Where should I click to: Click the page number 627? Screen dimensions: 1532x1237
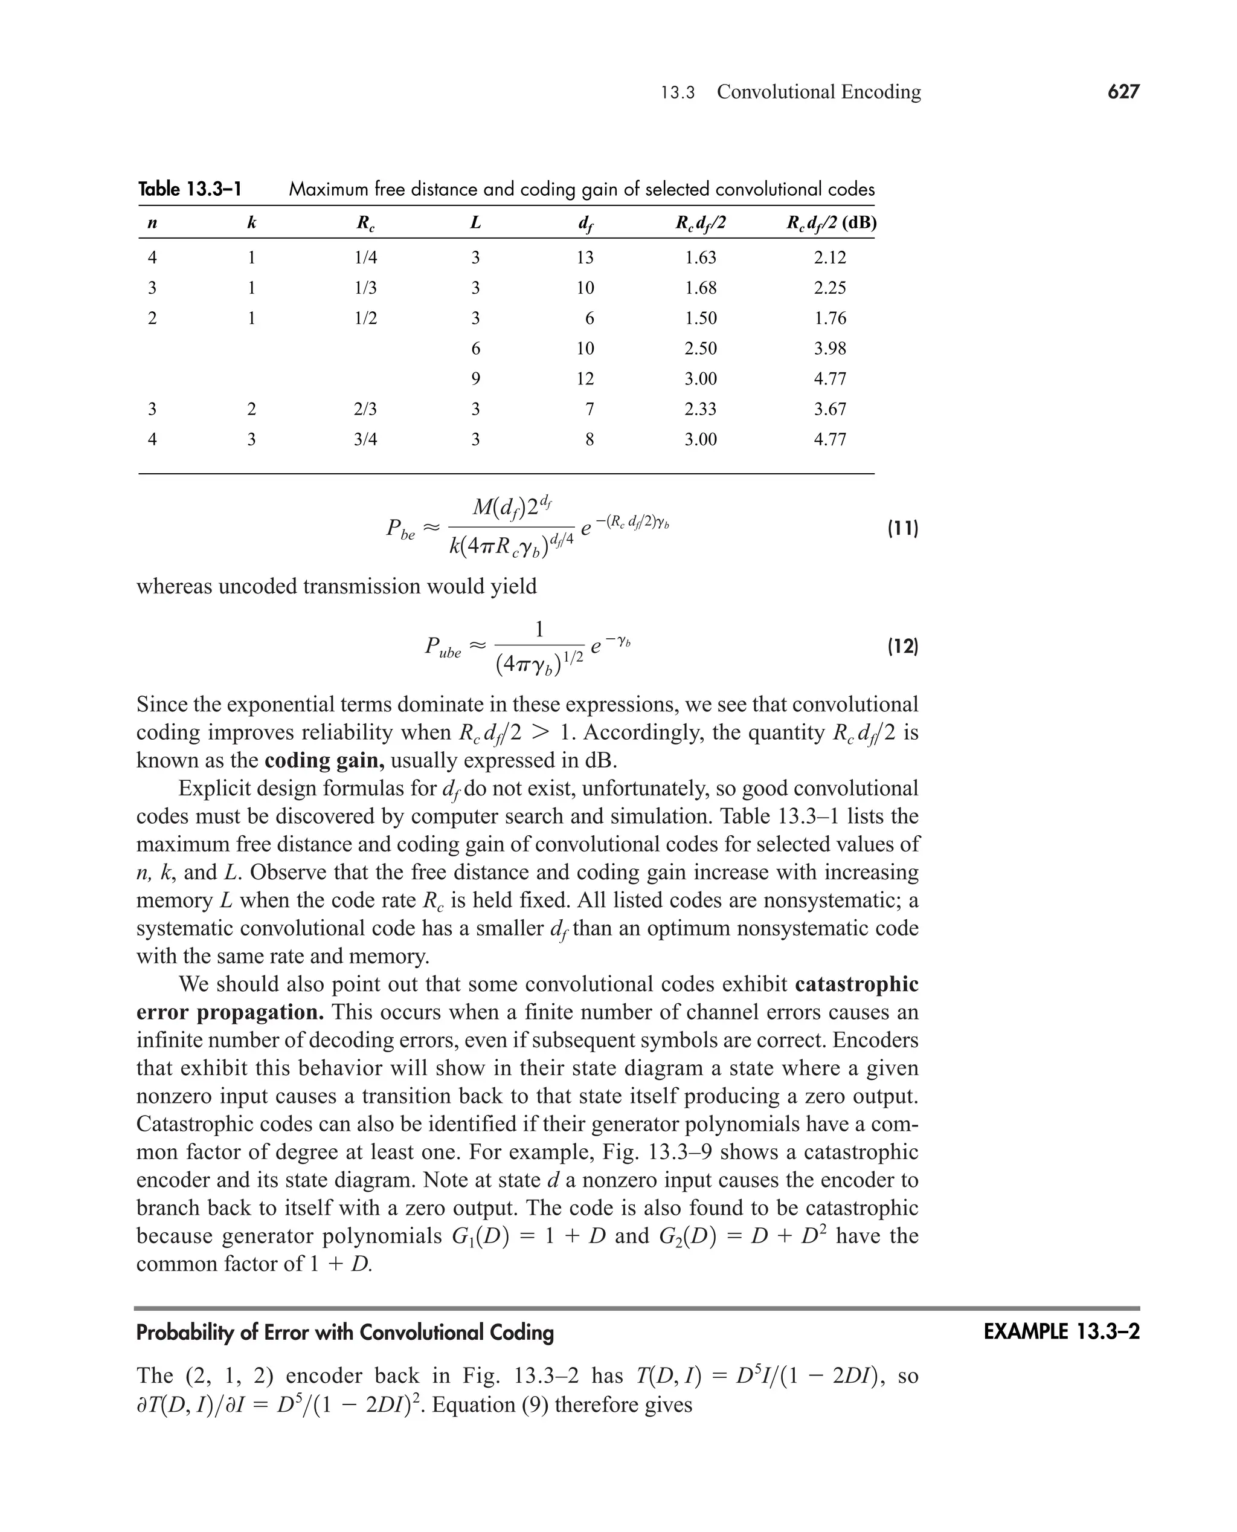coord(1123,92)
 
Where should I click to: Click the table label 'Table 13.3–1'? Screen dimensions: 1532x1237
coord(190,189)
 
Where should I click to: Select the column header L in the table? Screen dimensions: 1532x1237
coord(475,223)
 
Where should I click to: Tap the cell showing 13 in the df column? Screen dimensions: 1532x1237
coord(585,257)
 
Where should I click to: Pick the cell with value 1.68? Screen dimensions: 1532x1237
coord(701,288)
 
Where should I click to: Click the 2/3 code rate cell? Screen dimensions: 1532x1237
coord(365,409)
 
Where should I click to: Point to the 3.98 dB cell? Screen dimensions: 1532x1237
coord(830,349)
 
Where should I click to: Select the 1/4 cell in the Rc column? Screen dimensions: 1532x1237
coord(365,257)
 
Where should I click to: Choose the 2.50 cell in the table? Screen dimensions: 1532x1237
coord(701,349)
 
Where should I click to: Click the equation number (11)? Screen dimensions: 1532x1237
coord(902,528)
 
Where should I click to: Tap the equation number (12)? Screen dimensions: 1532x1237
coord(902,647)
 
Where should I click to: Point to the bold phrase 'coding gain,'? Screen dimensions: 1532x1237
coord(324,760)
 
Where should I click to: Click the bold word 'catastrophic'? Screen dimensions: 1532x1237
coord(856,984)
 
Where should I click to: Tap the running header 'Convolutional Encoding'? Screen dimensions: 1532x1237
coord(819,92)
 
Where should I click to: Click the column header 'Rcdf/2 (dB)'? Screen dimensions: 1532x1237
coord(831,223)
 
